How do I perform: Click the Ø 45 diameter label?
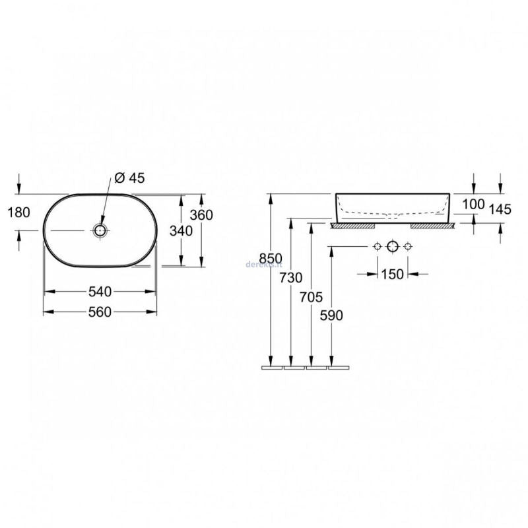pos(129,178)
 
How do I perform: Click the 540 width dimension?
pos(100,291)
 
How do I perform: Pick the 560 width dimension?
pos(100,312)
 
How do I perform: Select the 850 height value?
pos(271,258)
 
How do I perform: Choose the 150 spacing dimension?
pos(392,274)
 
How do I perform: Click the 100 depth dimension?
pos(473,204)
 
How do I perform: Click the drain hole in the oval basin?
pos(100,230)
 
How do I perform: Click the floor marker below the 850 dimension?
pos(271,366)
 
